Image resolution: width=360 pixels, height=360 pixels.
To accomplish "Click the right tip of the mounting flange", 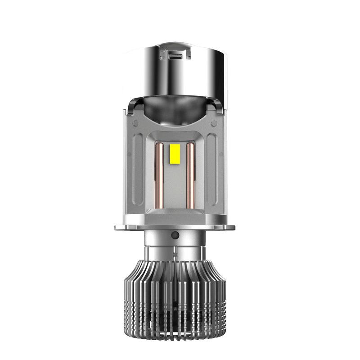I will [x=243, y=227].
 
